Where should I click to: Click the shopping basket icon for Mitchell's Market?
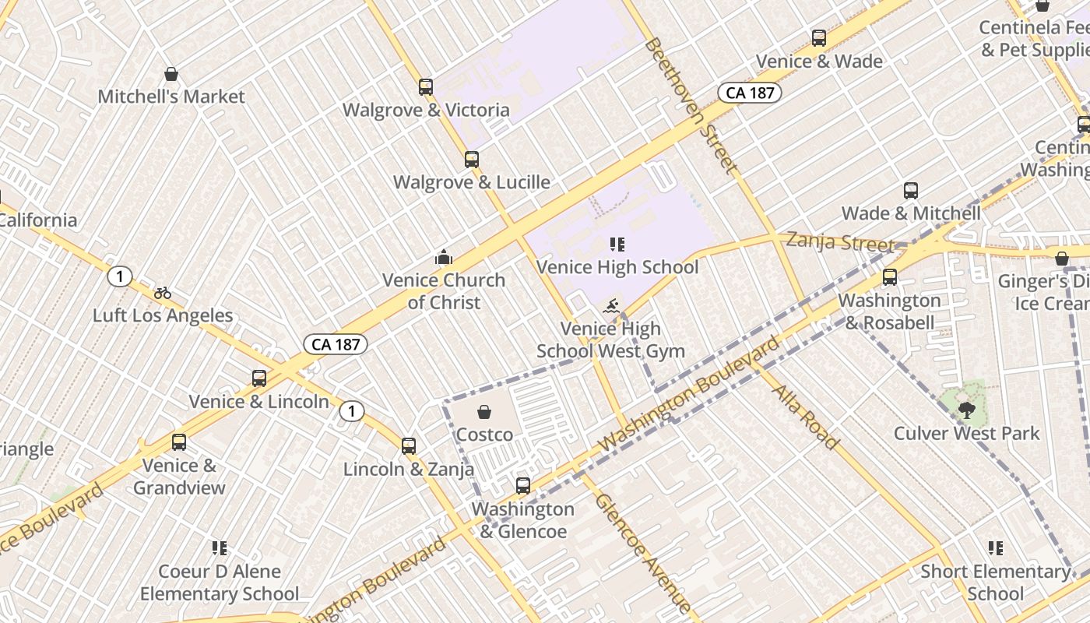pos(171,75)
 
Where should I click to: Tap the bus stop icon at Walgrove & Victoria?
pos(426,87)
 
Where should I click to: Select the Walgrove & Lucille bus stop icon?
pos(472,160)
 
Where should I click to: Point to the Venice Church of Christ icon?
pos(444,257)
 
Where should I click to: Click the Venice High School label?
pos(617,267)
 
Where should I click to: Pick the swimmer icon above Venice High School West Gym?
pos(611,306)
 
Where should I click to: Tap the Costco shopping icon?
pos(484,412)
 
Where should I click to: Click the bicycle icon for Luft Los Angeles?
pos(163,293)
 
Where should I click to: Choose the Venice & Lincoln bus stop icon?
pos(259,378)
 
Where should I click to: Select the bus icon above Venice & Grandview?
pos(179,442)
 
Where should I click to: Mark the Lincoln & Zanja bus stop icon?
pos(409,446)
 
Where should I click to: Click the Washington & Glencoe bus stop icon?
pos(523,486)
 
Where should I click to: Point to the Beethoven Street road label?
pos(690,105)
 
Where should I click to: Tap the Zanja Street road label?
pos(840,241)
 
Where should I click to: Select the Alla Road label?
pos(805,417)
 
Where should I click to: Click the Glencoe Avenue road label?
pos(642,551)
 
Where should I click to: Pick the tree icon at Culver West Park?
pos(966,410)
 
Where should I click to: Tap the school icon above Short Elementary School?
pos(995,548)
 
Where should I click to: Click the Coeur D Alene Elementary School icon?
pos(220,548)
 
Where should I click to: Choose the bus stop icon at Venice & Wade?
pos(819,38)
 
